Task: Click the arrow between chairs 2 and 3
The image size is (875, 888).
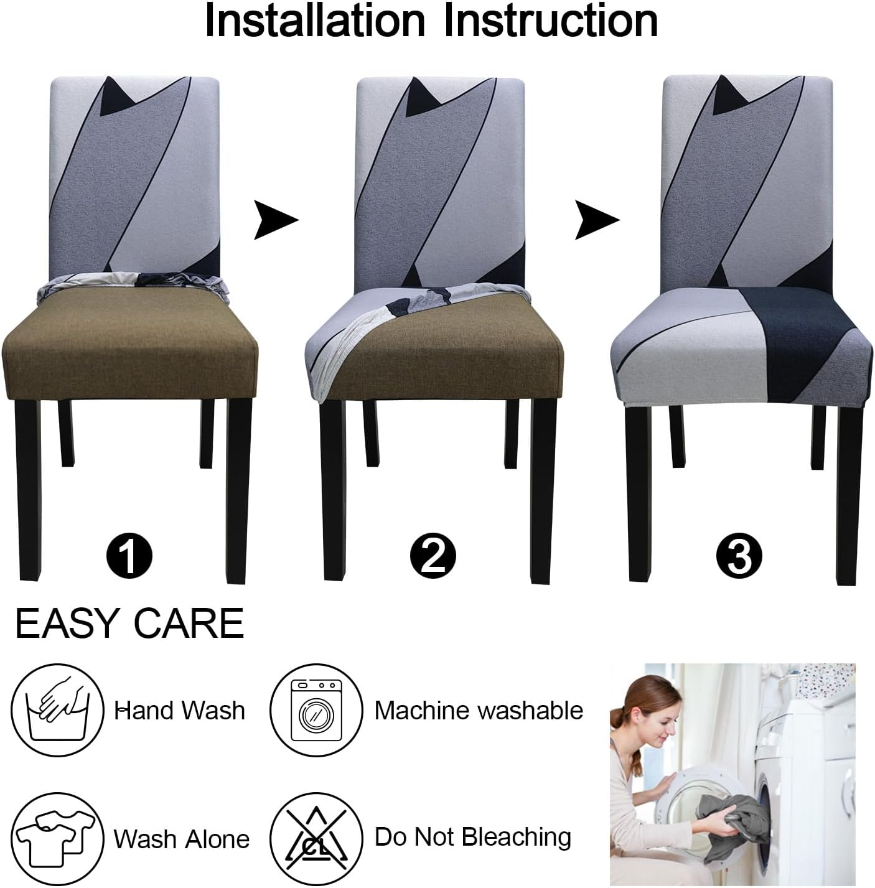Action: point(596,220)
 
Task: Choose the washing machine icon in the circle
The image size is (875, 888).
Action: point(316,710)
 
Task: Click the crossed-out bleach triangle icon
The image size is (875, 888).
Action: point(316,838)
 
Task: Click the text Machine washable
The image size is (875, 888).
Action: point(479,710)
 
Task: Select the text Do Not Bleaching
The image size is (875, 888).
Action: point(473,837)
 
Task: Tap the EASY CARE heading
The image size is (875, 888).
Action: point(129,624)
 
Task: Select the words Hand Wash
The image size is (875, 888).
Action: point(180,710)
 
